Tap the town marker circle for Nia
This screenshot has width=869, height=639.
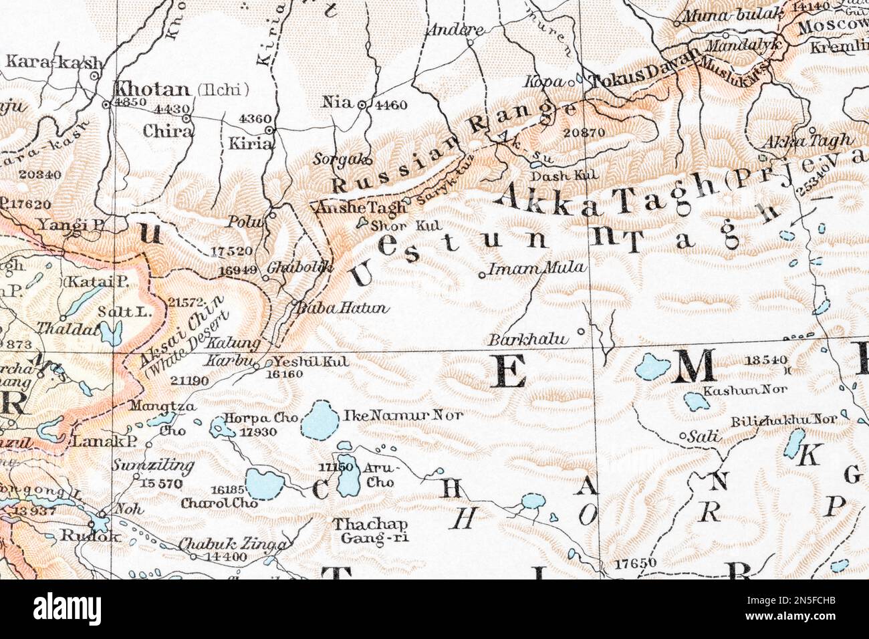(x=362, y=105)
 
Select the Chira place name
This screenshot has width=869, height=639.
(x=167, y=131)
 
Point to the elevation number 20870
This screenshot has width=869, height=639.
(x=584, y=132)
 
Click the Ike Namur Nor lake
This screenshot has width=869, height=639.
(x=320, y=420)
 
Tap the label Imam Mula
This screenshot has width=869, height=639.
(x=537, y=269)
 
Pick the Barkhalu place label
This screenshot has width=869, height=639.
(x=529, y=339)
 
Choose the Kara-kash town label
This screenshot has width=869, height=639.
(x=55, y=63)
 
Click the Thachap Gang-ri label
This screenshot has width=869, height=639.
(x=361, y=530)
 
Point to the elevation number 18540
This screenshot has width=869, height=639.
(x=765, y=360)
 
